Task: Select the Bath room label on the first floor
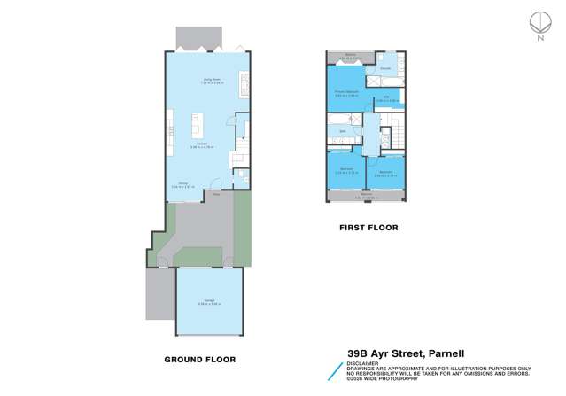tap(343, 133)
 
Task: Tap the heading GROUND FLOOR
tap(200, 359)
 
